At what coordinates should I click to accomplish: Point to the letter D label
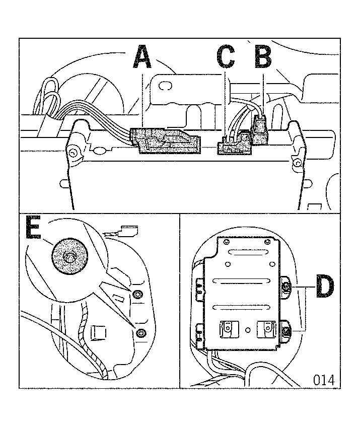coord(325,286)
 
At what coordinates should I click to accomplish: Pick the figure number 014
coord(324,380)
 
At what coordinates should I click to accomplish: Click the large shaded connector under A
coord(166,141)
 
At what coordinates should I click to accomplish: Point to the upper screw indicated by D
coord(286,287)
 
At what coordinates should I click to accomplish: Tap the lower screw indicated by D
coord(286,331)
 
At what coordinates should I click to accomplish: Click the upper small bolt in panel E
coord(137,294)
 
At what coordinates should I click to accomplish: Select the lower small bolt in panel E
coord(141,332)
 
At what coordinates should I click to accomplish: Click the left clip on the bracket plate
coord(228,329)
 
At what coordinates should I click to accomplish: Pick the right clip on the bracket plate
coord(267,329)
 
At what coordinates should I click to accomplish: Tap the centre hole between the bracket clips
coord(248,330)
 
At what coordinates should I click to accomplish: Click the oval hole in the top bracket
coord(165,86)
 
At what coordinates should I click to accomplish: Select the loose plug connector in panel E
coord(128,231)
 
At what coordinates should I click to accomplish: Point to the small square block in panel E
coord(98,333)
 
